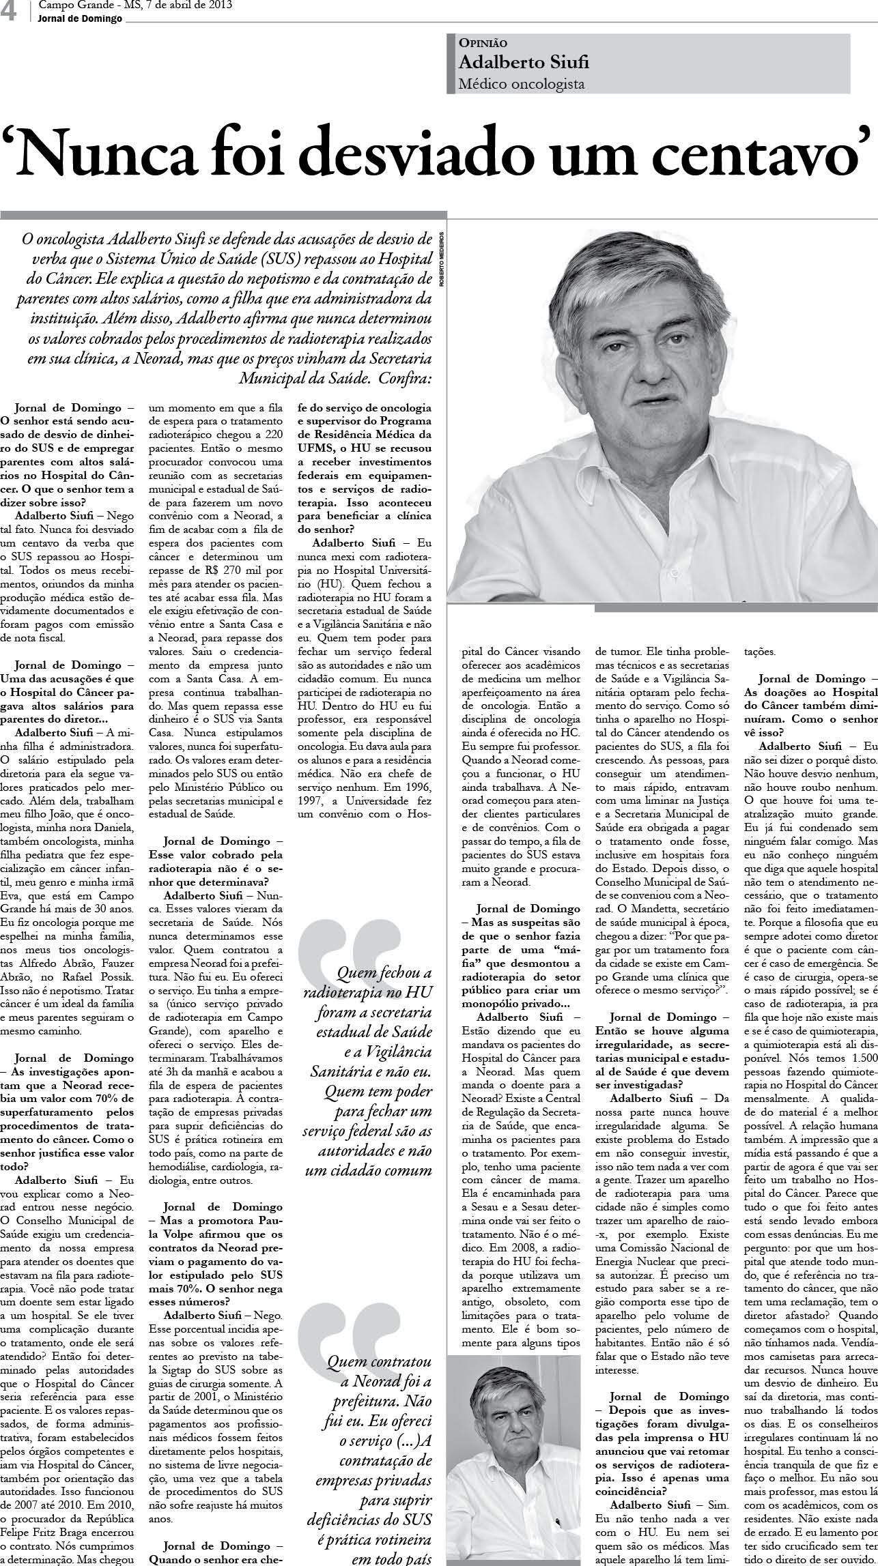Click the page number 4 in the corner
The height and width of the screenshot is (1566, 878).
(10, 12)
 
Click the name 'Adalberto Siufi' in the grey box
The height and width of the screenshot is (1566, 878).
(523, 63)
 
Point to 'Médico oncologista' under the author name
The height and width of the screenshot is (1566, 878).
(522, 84)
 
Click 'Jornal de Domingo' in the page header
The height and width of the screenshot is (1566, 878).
(81, 18)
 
